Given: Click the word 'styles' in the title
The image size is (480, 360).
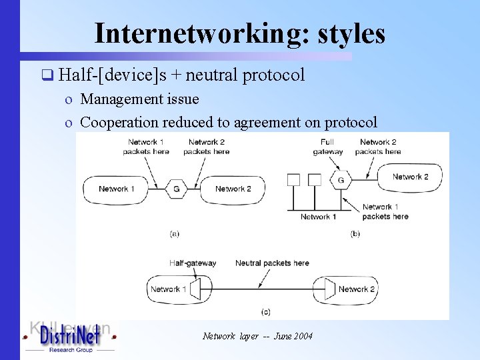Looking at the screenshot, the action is point(351,33).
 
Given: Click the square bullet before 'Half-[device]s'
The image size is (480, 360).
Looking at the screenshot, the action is point(47,75).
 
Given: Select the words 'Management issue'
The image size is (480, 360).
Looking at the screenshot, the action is point(139,99).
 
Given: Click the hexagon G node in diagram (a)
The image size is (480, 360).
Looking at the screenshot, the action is point(176,189).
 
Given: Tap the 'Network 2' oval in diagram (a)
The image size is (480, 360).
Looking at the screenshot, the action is point(233,189).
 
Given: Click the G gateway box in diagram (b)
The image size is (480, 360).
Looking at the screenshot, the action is point(341,180).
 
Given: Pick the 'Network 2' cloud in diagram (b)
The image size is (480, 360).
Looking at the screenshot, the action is point(409,177).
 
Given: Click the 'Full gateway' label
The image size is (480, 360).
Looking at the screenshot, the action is point(327,147).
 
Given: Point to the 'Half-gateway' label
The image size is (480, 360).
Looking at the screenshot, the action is point(193,263).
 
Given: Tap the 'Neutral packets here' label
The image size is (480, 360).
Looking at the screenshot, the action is point(272,263).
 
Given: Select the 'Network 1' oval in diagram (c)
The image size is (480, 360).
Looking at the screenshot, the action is point(170,289).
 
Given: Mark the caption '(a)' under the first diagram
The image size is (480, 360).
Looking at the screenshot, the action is point(174,233).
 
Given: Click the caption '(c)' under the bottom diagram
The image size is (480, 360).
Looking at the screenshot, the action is point(265,311).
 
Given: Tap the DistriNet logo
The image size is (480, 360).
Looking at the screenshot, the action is point(69,337).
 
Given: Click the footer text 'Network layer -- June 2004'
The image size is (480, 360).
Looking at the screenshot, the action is point(257,336).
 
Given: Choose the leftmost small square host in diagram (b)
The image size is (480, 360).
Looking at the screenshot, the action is point(293,179).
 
